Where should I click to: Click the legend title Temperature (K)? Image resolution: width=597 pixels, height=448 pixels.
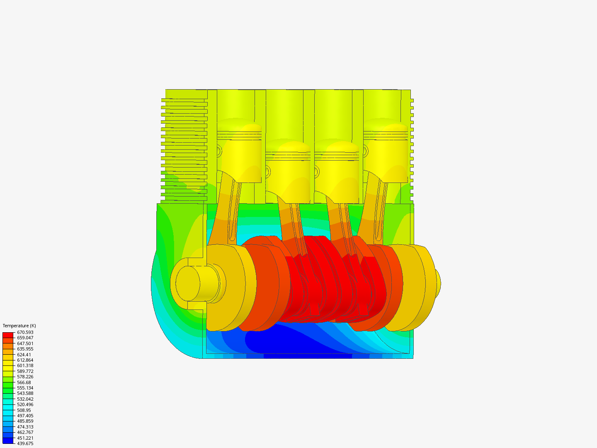coord(19,326)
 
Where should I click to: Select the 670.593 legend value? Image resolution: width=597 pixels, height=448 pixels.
coord(25,332)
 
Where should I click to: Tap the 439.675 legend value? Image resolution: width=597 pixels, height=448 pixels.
coord(25,443)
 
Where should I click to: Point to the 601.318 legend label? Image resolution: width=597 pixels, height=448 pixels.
coord(25,365)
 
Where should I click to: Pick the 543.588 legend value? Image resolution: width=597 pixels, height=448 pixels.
coord(25,393)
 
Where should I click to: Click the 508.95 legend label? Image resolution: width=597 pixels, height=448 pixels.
coord(24,410)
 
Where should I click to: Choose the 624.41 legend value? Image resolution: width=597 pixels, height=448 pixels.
coord(24,355)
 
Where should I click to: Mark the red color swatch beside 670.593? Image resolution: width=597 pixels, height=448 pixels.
coord(8,335)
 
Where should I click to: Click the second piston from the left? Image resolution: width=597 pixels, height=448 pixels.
coord(288,172)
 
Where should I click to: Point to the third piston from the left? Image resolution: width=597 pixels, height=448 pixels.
coord(337,172)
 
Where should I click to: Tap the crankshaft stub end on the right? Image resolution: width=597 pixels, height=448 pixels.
coord(437,283)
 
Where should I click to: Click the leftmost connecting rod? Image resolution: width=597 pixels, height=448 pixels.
coord(224,212)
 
